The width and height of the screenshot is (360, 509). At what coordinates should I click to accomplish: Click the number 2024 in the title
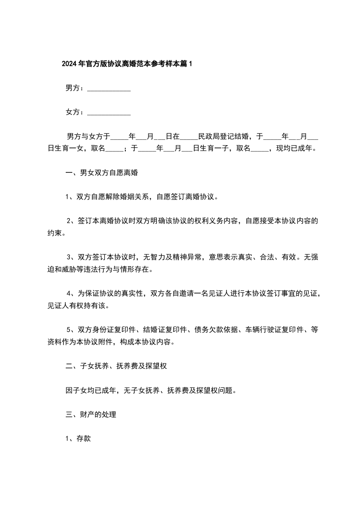click(69, 64)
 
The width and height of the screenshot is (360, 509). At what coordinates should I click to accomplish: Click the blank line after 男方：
click(108, 88)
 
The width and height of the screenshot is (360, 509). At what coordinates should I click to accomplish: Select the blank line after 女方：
click(108, 112)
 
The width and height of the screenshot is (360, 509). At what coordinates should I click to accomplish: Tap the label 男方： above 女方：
click(75, 88)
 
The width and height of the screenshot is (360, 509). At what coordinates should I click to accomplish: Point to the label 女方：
click(75, 112)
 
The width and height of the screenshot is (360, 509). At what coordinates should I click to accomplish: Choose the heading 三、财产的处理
click(91, 414)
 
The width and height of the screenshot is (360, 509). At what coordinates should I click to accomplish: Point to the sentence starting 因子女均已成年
click(150, 390)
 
